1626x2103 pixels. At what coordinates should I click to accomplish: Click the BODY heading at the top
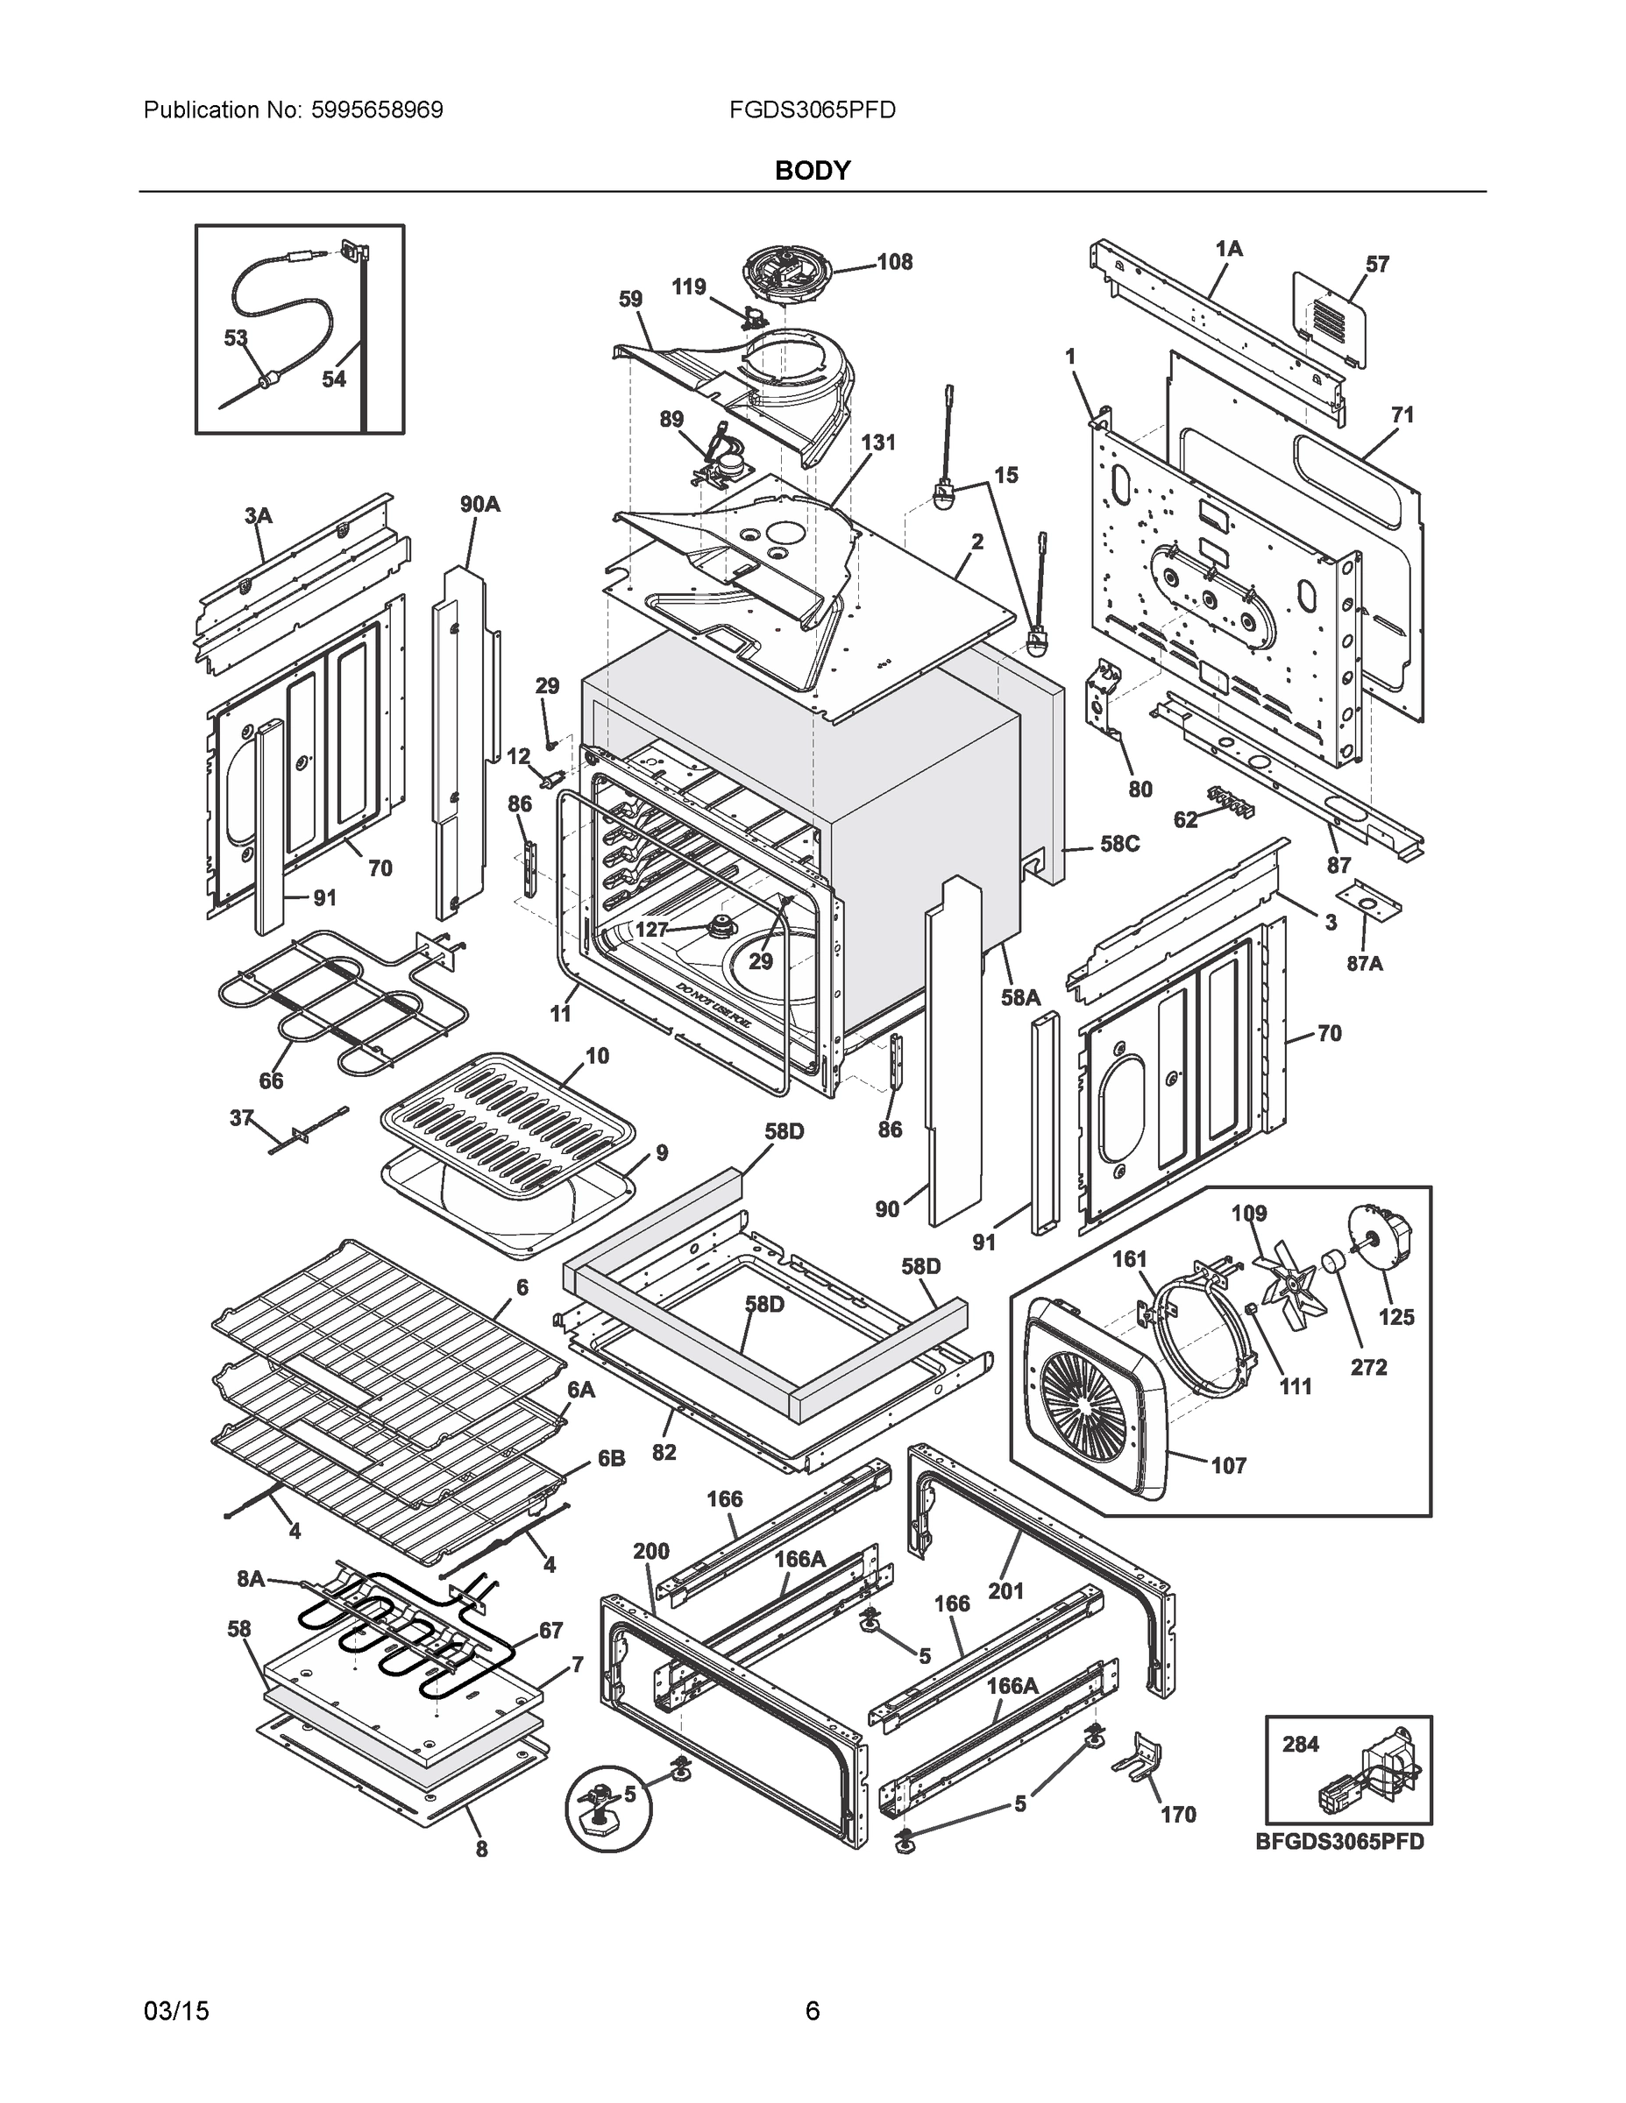(x=812, y=171)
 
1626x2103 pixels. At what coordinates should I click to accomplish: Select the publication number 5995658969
(x=377, y=110)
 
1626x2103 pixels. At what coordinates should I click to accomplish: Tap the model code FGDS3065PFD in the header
(x=812, y=110)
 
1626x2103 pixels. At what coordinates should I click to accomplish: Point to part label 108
(x=894, y=262)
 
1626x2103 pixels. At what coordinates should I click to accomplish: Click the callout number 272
(x=1369, y=1366)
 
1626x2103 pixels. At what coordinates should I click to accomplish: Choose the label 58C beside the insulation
(x=1119, y=845)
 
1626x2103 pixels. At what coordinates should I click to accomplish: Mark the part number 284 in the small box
(x=1301, y=1744)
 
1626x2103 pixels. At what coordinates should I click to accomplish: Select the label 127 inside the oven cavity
(x=652, y=929)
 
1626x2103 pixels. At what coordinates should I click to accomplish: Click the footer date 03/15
(x=176, y=2012)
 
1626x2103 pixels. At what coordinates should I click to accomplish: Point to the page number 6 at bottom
(x=812, y=2012)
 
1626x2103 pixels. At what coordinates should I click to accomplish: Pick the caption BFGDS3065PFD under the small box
(x=1339, y=1842)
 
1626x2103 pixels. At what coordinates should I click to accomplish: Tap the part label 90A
(x=479, y=504)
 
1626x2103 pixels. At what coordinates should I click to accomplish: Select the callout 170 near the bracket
(x=1178, y=1814)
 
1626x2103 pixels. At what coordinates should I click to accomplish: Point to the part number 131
(x=877, y=442)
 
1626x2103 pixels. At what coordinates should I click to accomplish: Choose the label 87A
(x=1364, y=962)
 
